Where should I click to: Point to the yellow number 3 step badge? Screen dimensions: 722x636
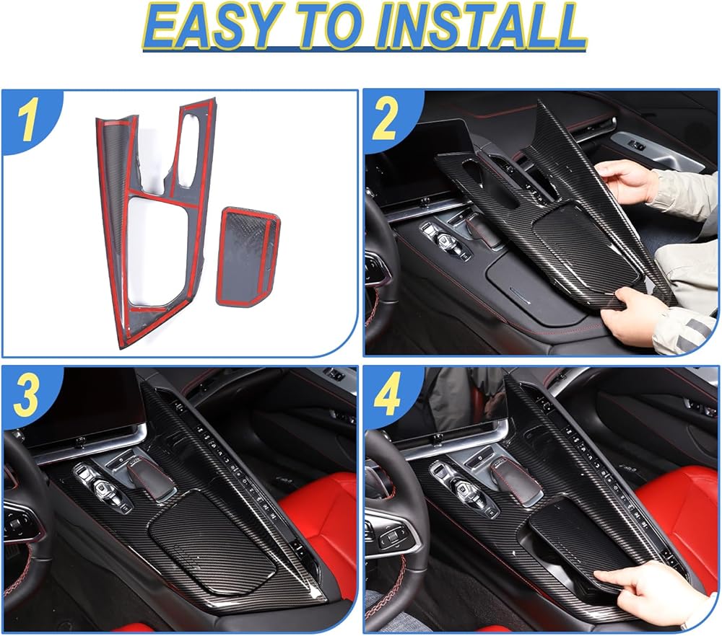pos(26,396)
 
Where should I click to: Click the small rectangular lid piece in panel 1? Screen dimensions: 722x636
pos(248,256)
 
